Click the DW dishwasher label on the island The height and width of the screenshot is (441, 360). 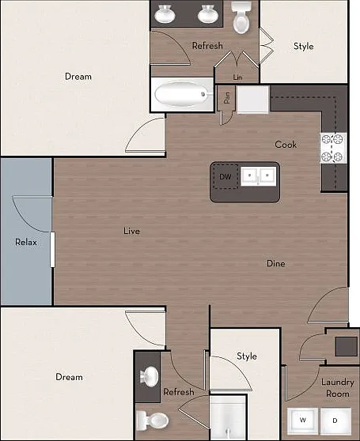pos(225,176)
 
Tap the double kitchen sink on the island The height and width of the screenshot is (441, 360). pos(259,176)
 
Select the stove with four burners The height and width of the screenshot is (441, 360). pos(332,149)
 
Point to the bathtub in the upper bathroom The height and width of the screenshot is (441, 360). pos(182,94)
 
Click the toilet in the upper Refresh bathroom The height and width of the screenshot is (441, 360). pos(241,17)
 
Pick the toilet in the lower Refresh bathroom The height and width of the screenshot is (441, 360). pos(152,420)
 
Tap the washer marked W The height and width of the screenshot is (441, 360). pos(302,420)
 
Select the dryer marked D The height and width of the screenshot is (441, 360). pos(335,420)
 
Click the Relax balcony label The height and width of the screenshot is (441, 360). pos(26,242)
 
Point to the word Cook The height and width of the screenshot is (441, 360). pos(286,145)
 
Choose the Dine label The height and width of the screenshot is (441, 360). pos(276,263)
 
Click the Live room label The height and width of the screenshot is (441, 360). pos(131,231)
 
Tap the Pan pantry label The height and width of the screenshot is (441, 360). pos(226,97)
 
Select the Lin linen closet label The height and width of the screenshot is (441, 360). pos(237,77)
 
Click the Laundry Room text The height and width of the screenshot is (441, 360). pos(338,388)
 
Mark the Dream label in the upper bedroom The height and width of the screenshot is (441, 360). pos(78,77)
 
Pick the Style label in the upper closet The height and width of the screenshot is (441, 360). pos(303,46)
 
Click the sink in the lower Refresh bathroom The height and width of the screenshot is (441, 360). pos(150,376)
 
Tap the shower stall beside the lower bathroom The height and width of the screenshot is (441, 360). pos(229,416)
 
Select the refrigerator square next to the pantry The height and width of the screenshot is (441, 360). pos(253,99)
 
